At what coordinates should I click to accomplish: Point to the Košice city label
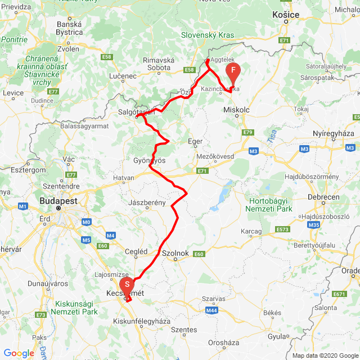[286, 15]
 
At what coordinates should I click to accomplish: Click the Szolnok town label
[174, 253]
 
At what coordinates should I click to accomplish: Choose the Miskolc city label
[236, 110]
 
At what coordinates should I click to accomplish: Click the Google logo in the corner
[19, 353]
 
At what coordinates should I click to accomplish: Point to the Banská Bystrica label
[69, 28]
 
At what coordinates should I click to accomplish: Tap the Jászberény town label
[147, 202]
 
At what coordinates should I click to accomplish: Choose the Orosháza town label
[224, 342]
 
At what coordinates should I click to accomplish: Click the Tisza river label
[272, 137]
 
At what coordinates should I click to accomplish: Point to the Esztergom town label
[28, 169]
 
